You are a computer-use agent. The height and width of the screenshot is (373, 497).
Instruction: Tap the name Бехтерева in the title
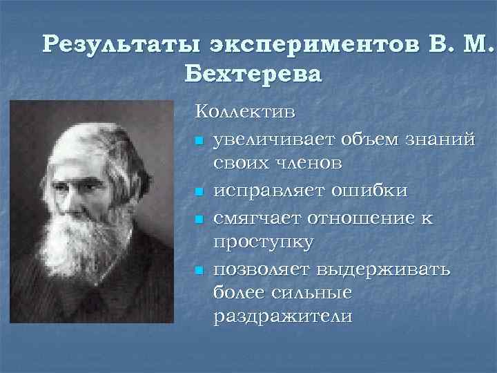click(x=253, y=73)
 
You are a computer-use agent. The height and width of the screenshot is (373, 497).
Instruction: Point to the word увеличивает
click(x=270, y=141)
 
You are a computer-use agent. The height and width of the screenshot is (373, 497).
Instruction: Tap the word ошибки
click(x=369, y=190)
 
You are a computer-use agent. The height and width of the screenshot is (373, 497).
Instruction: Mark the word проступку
click(x=264, y=242)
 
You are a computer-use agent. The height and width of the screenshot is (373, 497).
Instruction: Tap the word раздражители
click(x=283, y=317)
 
